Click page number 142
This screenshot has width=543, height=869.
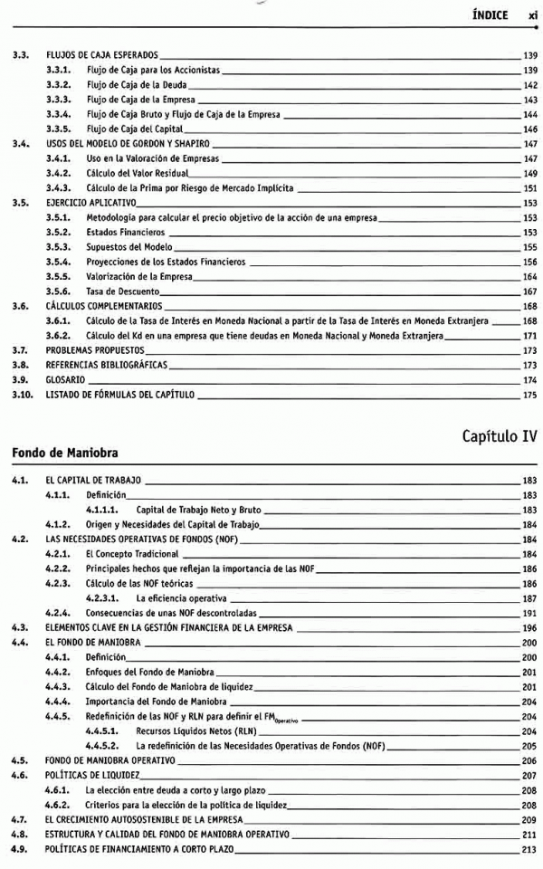[x=530, y=84]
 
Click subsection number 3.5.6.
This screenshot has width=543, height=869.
[x=59, y=291]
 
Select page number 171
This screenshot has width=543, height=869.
[x=530, y=336]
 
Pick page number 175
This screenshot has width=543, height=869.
[x=530, y=395]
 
